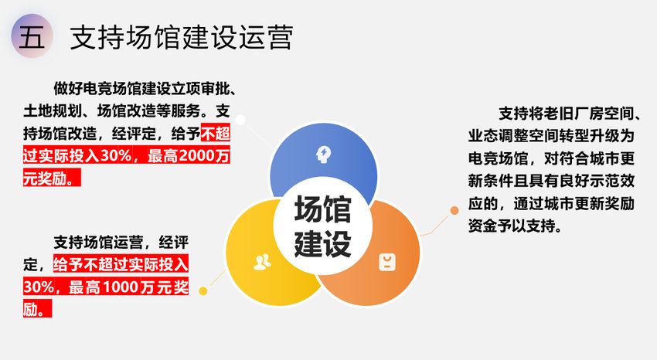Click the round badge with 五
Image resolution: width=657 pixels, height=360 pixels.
(x=32, y=36)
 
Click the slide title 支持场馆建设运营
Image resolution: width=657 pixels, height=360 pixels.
(x=182, y=37)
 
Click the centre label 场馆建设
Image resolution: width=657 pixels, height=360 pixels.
(x=322, y=226)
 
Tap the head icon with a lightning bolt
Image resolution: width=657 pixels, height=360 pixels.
(x=323, y=155)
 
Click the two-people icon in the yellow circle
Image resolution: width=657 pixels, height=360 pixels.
(x=262, y=262)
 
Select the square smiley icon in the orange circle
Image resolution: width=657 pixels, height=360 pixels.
(x=387, y=263)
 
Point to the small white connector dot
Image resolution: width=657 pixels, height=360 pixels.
(x=240, y=121)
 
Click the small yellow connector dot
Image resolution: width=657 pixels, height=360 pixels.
(x=203, y=291)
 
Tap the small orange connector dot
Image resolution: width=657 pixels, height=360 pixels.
(x=454, y=211)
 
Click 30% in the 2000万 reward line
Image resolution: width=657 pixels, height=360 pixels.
(x=116, y=156)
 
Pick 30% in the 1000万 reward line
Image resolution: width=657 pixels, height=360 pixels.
(x=39, y=287)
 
